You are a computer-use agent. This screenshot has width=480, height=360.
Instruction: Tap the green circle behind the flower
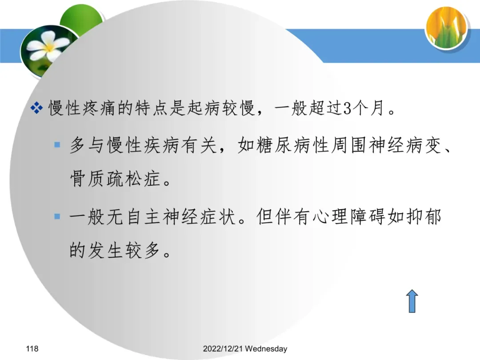click(83, 18)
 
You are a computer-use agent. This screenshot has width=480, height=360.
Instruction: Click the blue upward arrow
click(412, 301)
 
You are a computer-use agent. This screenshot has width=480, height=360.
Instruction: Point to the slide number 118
click(32, 349)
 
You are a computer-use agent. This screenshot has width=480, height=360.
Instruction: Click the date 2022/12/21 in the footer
click(223, 349)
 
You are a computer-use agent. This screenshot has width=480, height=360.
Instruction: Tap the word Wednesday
click(266, 349)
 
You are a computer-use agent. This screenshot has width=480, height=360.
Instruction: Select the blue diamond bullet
click(37, 108)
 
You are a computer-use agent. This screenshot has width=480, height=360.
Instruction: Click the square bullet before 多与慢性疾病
click(57, 144)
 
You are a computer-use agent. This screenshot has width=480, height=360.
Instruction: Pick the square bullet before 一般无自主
click(57, 217)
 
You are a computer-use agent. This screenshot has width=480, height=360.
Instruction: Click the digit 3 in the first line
click(347, 108)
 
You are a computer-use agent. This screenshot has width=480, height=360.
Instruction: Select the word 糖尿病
click(276, 145)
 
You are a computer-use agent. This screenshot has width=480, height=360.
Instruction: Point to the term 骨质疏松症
click(116, 179)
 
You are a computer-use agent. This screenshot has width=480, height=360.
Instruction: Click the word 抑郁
click(424, 217)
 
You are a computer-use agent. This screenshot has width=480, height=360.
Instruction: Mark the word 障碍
click(368, 217)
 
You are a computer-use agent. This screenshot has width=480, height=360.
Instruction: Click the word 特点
click(152, 108)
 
